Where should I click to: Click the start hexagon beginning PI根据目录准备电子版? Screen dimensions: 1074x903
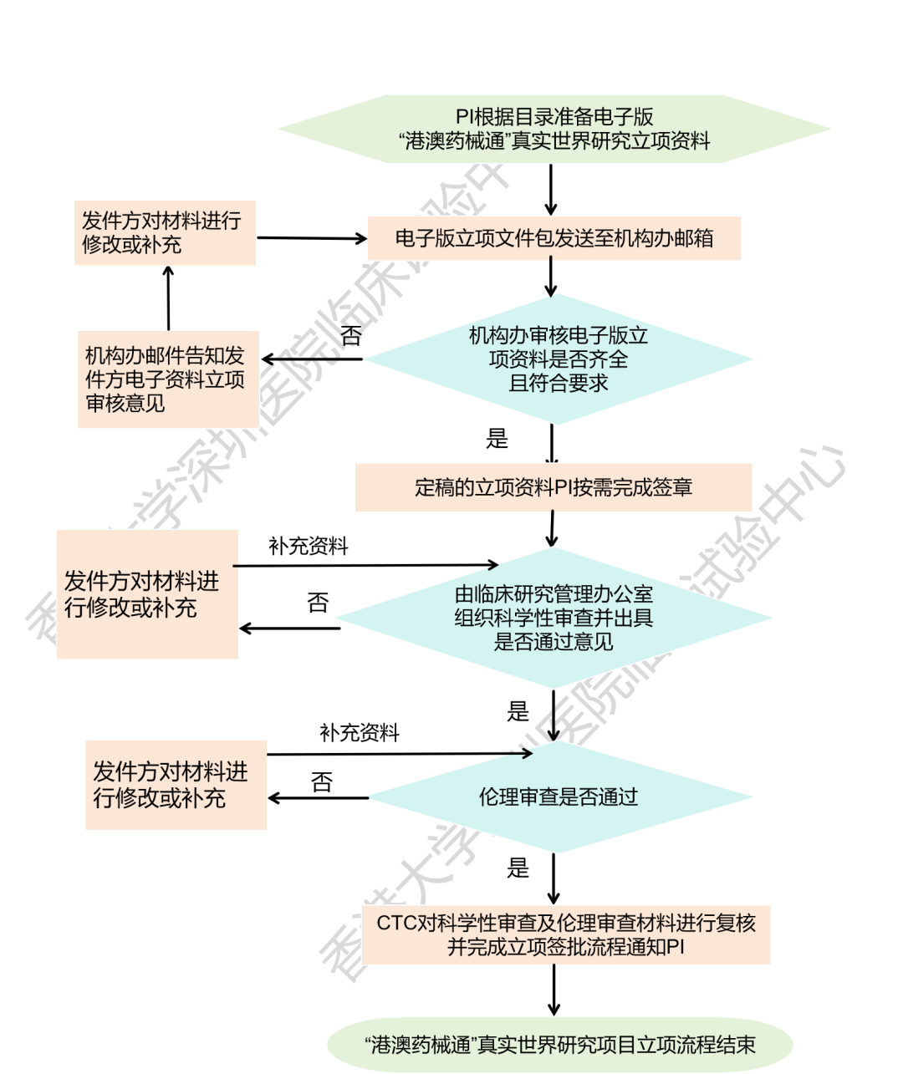(554, 129)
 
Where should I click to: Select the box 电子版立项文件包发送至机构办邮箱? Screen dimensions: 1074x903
(554, 238)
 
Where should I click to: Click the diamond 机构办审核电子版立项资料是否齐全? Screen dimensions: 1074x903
(559, 359)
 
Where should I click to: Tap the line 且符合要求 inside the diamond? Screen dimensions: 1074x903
(559, 383)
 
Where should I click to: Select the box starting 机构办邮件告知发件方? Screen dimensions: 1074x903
(167, 379)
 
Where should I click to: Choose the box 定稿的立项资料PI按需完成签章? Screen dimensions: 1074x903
(554, 487)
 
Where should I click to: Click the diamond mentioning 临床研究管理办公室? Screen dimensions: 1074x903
(554, 618)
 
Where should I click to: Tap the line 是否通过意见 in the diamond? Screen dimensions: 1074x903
(554, 642)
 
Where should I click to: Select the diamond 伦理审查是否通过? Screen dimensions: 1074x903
(559, 797)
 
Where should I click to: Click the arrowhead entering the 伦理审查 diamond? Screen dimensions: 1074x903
(527, 754)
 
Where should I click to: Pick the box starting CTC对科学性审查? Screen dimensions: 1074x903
(566, 934)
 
